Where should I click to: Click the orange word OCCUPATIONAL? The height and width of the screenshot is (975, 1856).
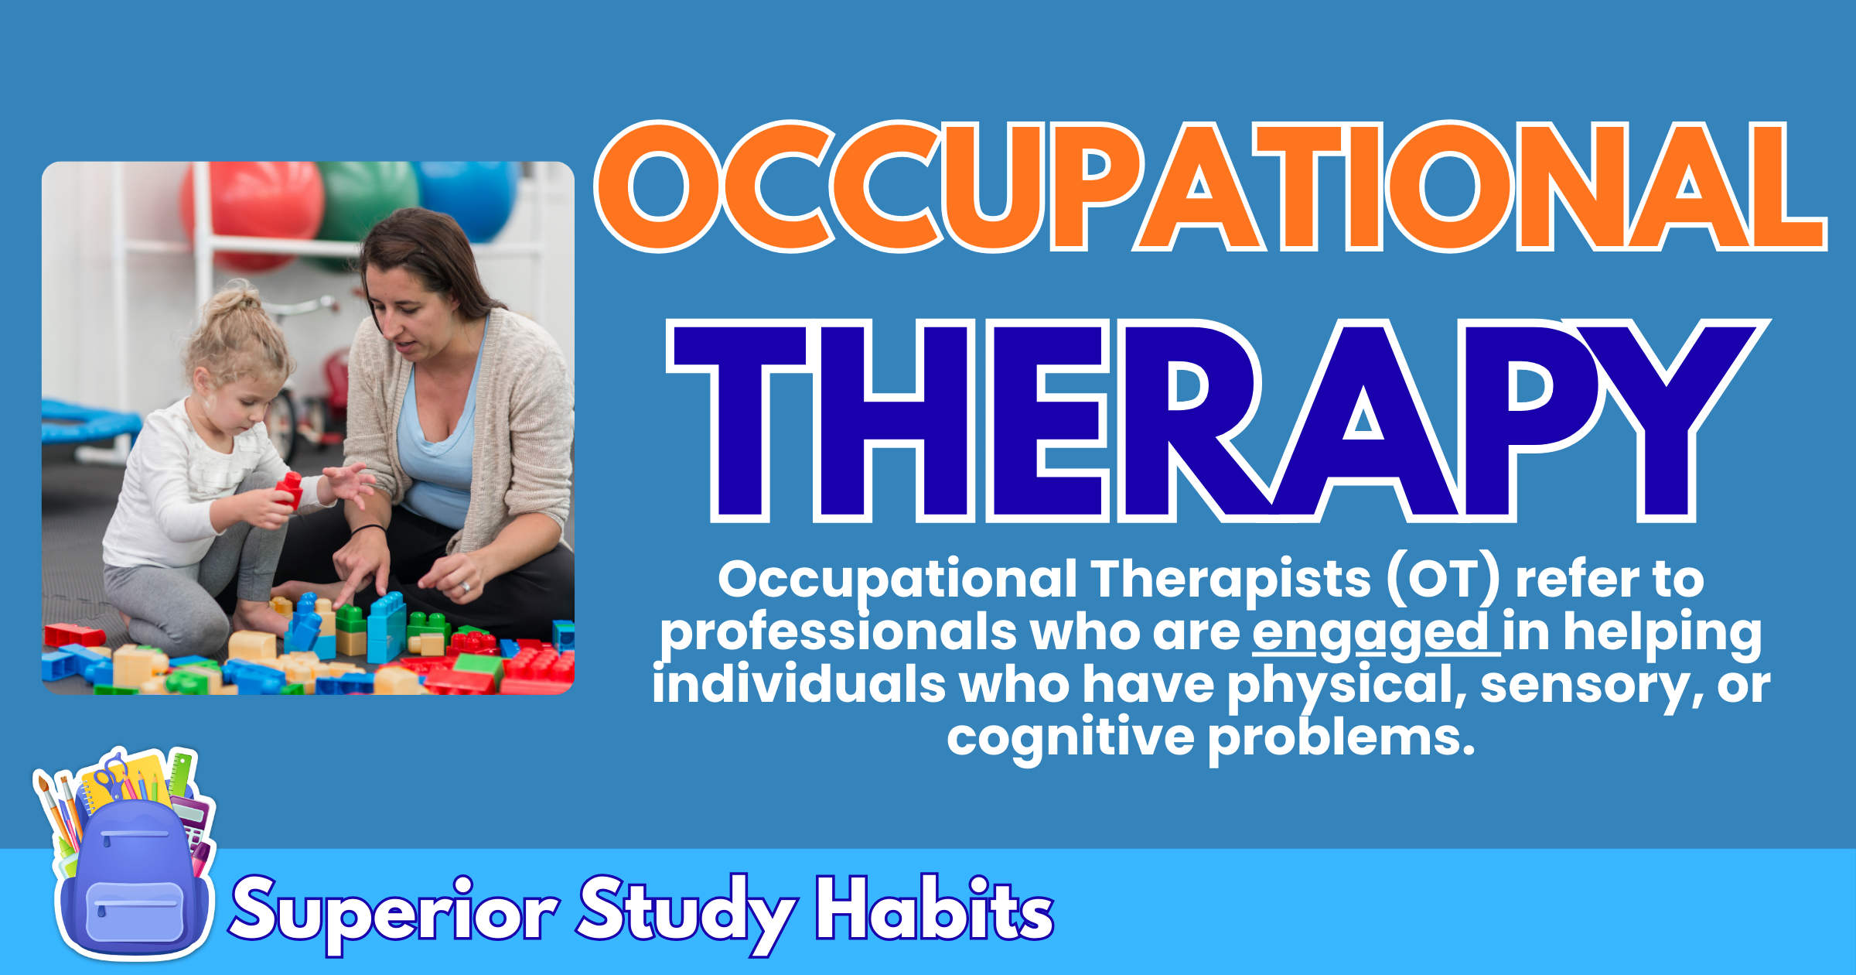pos(1210,187)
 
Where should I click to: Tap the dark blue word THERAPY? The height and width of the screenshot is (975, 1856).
pos(1218,422)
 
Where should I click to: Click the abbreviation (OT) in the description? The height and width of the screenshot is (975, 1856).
pos(1443,580)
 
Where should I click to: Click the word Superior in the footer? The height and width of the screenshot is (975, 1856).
pos(394,912)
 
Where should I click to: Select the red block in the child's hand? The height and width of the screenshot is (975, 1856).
pos(290,490)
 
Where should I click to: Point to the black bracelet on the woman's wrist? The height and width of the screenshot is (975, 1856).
pos(369,529)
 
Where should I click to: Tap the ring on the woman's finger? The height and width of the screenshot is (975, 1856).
pos(465,587)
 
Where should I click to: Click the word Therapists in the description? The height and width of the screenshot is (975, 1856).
pos(1230,580)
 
